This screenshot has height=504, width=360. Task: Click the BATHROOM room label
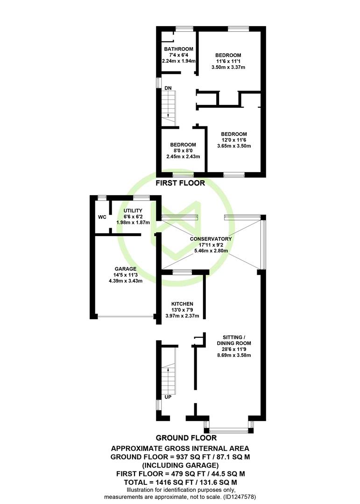click(x=178, y=49)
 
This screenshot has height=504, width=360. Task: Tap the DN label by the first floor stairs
click(x=168, y=88)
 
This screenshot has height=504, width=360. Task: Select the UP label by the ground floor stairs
click(x=168, y=397)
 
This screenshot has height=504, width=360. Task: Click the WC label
click(x=102, y=217)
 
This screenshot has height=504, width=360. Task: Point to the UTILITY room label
click(x=133, y=210)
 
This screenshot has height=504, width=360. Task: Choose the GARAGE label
click(x=126, y=269)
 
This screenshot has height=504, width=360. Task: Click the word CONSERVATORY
click(x=211, y=239)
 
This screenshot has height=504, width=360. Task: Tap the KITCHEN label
click(x=182, y=304)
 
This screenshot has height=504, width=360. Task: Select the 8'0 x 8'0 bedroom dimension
click(x=183, y=150)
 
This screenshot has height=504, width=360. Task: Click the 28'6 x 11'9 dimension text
click(x=234, y=350)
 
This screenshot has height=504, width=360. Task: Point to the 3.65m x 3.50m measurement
click(x=234, y=146)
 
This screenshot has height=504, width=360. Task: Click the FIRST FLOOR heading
click(x=180, y=183)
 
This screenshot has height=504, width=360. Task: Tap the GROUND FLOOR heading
click(x=186, y=438)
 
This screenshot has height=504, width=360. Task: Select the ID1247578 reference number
click(x=239, y=497)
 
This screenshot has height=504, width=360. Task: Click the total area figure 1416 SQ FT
click(x=171, y=482)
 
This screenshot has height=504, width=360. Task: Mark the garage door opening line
click(x=126, y=316)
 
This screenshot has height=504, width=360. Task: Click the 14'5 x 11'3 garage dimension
click(x=126, y=275)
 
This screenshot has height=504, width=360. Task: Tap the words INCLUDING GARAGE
click(x=181, y=465)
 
